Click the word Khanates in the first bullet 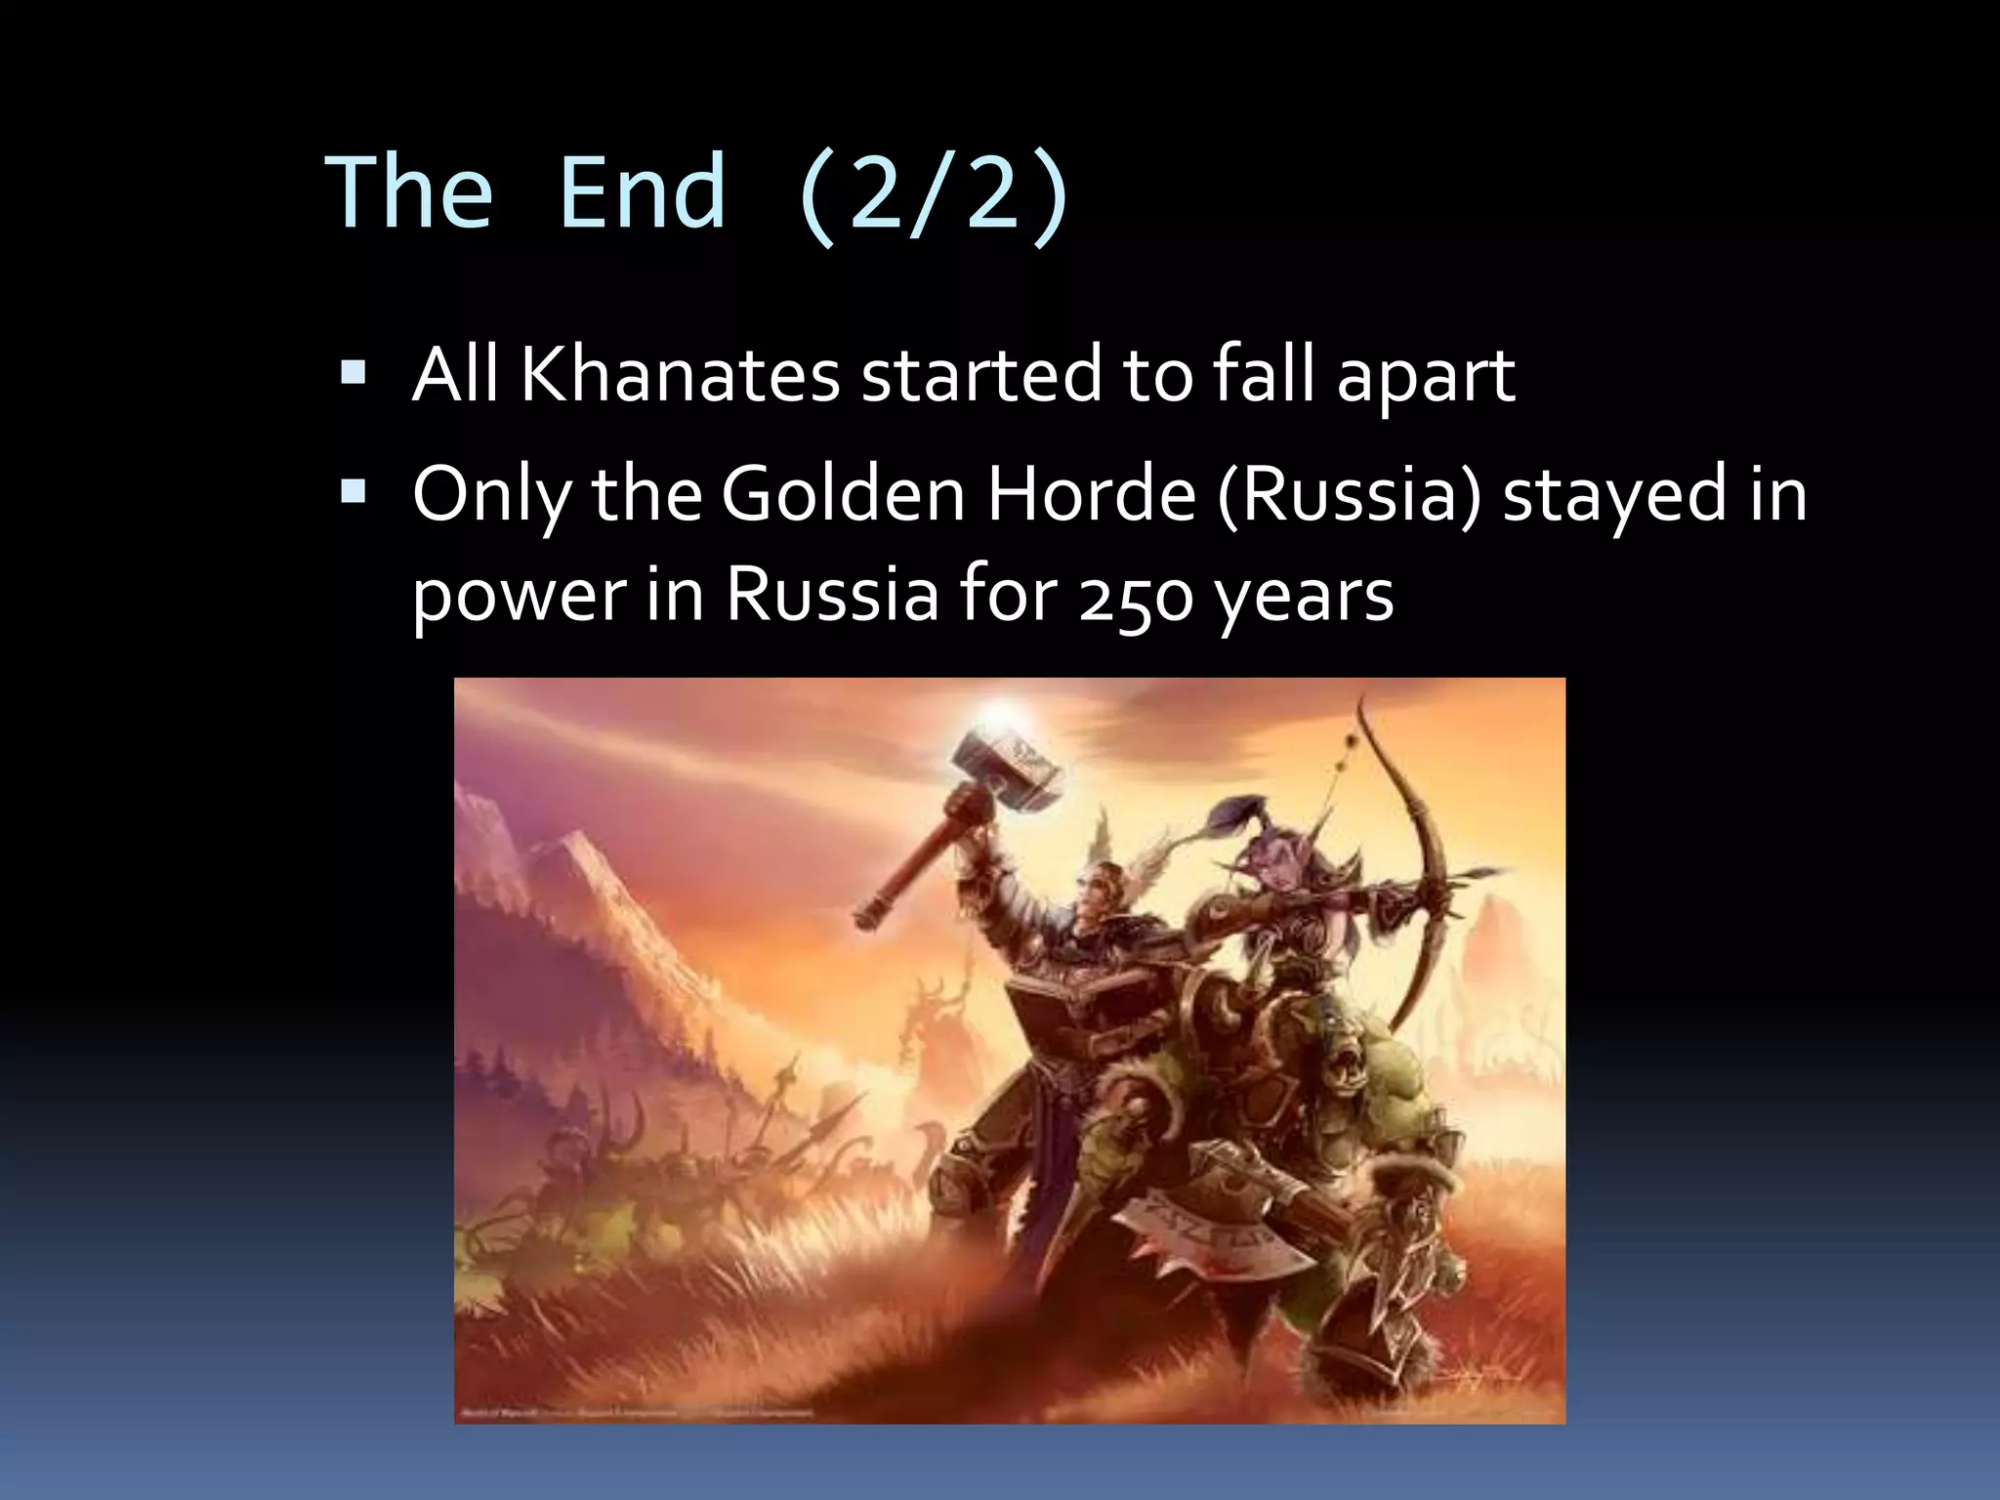point(680,375)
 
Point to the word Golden point(844,494)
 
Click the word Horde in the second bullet point(1092,494)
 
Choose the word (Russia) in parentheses point(1350,496)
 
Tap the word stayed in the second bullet point(1613,496)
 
